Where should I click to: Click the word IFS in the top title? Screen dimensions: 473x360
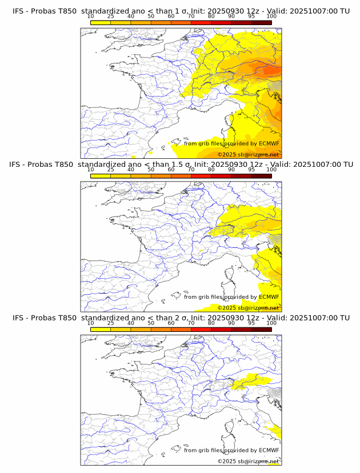coord(18,11)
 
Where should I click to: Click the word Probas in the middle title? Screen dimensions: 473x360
coord(44,165)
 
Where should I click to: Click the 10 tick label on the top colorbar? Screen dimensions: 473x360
coord(91,17)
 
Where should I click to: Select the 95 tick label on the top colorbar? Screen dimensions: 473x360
coord(251,17)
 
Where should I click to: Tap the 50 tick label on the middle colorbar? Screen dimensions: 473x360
coord(151,170)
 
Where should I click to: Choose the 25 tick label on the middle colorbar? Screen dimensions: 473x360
coord(111,170)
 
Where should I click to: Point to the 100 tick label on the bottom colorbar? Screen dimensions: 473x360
coord(271,323)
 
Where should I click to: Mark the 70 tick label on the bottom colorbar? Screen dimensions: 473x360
coord(191,323)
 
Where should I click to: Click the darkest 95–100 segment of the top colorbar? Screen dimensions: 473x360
coord(261,22)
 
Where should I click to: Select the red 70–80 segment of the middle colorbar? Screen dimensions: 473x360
coord(201,176)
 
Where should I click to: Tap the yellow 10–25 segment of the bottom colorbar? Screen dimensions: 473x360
coord(101,329)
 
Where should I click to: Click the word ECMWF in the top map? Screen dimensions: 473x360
coord(269,143)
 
